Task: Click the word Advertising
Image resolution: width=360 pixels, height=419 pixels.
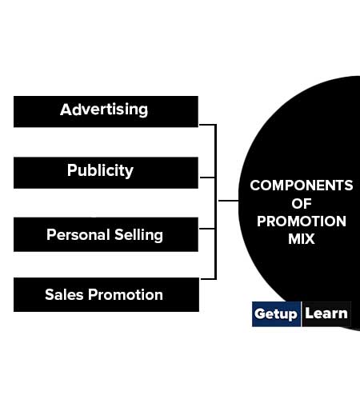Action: click(x=104, y=110)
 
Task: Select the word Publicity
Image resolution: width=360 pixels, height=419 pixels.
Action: click(x=100, y=170)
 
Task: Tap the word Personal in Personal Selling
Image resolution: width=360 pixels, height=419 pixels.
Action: click(x=78, y=234)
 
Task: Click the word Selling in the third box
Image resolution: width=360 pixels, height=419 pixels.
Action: click(x=138, y=235)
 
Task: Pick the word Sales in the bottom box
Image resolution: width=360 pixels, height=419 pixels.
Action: click(x=64, y=294)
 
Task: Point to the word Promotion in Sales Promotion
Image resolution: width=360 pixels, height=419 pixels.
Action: click(x=126, y=294)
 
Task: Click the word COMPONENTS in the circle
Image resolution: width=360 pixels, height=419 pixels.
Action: click(x=302, y=186)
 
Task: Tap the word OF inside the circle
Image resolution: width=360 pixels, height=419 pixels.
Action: click(x=302, y=204)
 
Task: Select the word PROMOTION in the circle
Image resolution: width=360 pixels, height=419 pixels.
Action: click(x=302, y=221)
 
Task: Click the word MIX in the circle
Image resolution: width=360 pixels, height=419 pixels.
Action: click(x=302, y=238)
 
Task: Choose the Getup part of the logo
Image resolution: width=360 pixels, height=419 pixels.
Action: click(x=276, y=314)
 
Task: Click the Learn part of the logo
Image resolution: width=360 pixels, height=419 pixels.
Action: click(x=326, y=313)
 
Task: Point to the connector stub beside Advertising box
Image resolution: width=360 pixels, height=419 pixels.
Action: click(x=207, y=125)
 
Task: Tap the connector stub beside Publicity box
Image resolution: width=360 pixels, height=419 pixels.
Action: click(x=207, y=178)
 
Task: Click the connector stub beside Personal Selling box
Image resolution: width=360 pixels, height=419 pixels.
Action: click(x=207, y=229)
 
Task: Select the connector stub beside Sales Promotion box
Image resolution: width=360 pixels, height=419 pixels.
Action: click(x=208, y=279)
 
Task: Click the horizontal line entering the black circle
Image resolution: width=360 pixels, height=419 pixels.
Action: click(x=229, y=201)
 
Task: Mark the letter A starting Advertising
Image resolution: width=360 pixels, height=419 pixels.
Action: click(x=66, y=110)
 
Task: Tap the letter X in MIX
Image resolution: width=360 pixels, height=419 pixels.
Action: click(x=309, y=238)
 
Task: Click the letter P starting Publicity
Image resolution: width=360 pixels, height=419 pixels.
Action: click(x=72, y=170)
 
